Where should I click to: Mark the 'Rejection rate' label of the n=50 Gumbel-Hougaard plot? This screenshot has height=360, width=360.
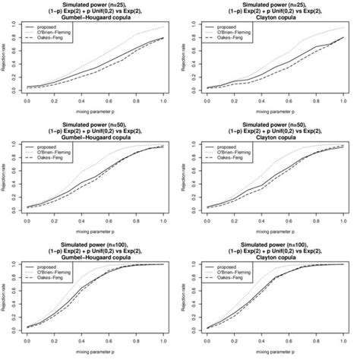[x=6, y=175]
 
